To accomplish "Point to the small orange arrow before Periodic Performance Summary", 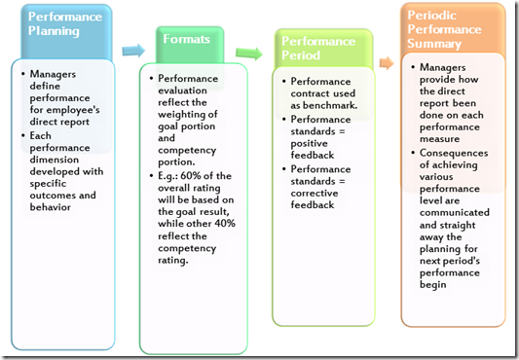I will tap(386, 63).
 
